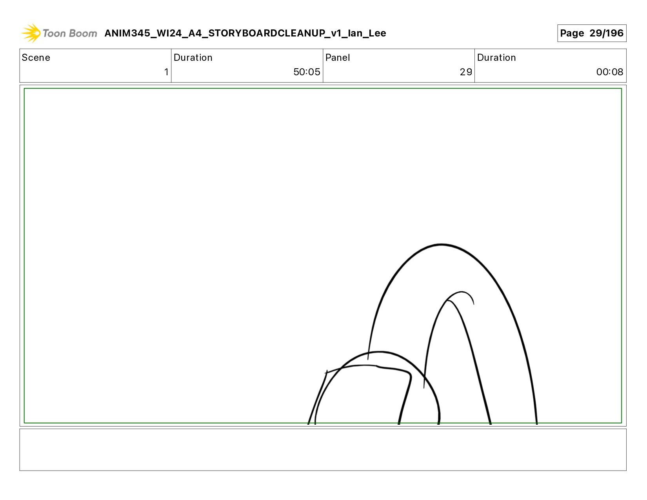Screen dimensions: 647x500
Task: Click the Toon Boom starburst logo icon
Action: click(31, 33)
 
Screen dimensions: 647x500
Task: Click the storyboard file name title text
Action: click(245, 33)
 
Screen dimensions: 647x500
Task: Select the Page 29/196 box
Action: click(592, 33)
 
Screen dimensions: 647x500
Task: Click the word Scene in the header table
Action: click(36, 58)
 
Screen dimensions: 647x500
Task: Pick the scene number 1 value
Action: click(166, 72)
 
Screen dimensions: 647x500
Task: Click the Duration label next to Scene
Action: click(193, 58)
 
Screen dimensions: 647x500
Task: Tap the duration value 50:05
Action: click(307, 72)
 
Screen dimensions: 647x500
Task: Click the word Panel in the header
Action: click(338, 58)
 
